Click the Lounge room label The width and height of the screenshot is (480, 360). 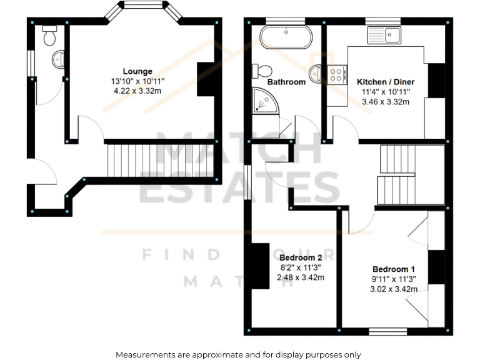[x=137, y=71]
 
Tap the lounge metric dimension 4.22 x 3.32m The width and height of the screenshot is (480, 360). [x=137, y=91]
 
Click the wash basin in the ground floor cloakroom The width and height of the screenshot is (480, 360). [x=57, y=60]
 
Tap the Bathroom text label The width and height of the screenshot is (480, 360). [x=286, y=82]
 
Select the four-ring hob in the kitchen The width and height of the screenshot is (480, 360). [x=336, y=76]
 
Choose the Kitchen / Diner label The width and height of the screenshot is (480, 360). [x=386, y=82]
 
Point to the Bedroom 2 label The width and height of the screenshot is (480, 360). [x=301, y=257]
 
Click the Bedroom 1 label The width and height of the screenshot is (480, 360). [x=394, y=269]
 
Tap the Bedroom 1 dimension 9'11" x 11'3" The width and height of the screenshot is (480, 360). [x=394, y=279]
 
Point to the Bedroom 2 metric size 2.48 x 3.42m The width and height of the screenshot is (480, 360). [x=301, y=277]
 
